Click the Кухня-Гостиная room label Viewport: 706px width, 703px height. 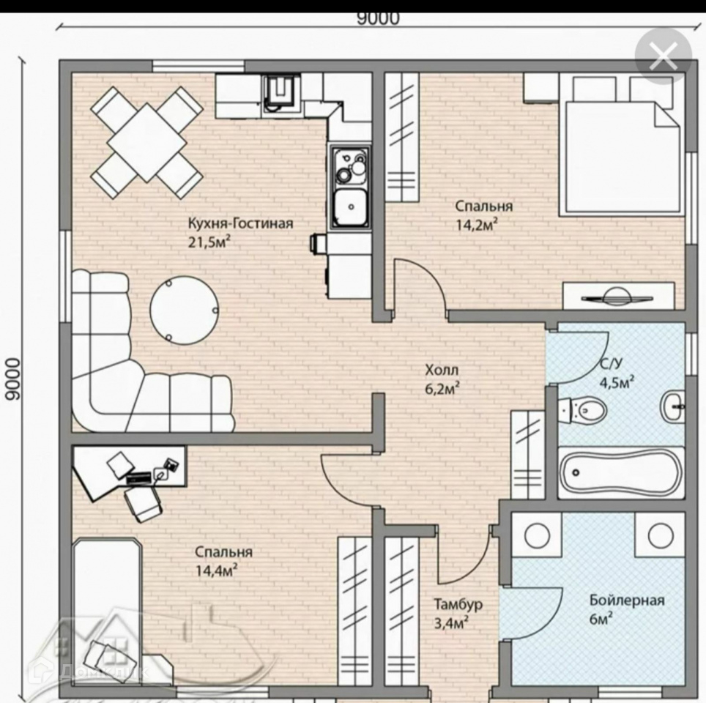(x=240, y=223)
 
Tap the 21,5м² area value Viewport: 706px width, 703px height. (x=209, y=242)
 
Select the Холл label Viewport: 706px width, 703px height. (x=442, y=371)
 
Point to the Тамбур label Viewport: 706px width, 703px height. (x=458, y=604)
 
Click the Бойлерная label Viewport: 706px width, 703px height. (x=627, y=600)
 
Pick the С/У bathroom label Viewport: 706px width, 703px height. (x=611, y=364)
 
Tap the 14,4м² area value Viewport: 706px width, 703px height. (x=217, y=570)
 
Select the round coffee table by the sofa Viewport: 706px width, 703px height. (x=184, y=310)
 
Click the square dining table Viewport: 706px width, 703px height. (x=146, y=141)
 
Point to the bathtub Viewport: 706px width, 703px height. (x=621, y=472)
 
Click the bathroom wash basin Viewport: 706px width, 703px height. (x=673, y=406)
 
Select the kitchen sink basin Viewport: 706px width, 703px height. (x=351, y=207)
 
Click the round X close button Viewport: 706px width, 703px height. (x=664, y=56)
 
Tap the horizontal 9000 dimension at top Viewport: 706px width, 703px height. (x=378, y=18)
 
